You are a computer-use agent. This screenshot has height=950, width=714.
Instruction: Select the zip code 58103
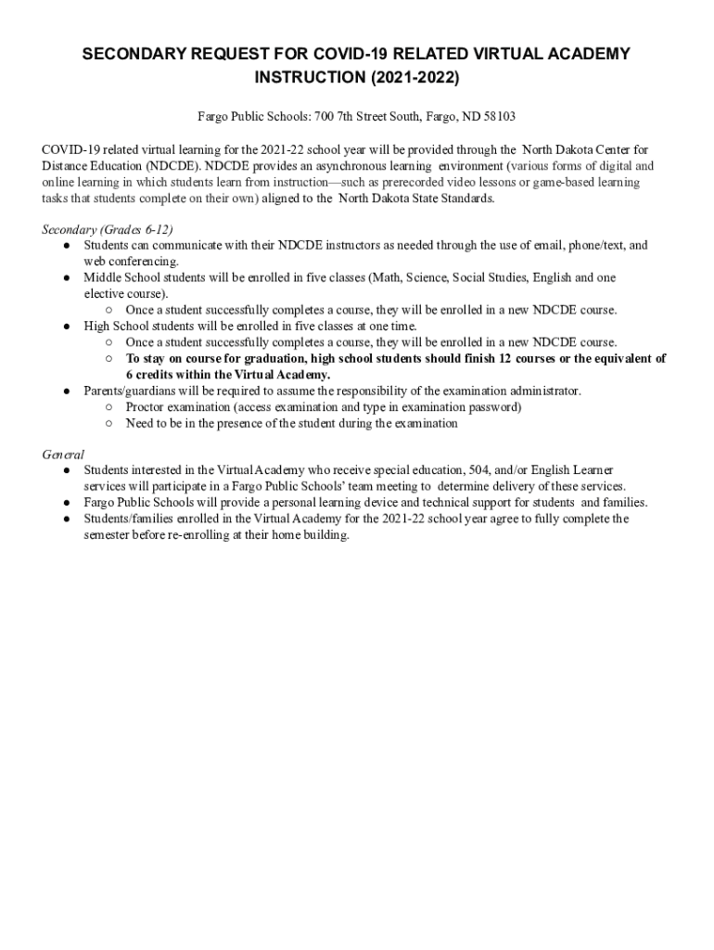tap(497, 117)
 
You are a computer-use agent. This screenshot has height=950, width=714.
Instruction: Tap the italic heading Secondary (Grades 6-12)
tap(108, 229)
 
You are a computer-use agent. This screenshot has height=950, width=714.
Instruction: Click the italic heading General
tap(63, 455)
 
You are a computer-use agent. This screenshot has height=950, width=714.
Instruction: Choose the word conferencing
tap(133, 262)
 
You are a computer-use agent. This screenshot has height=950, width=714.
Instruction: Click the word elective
tap(104, 294)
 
